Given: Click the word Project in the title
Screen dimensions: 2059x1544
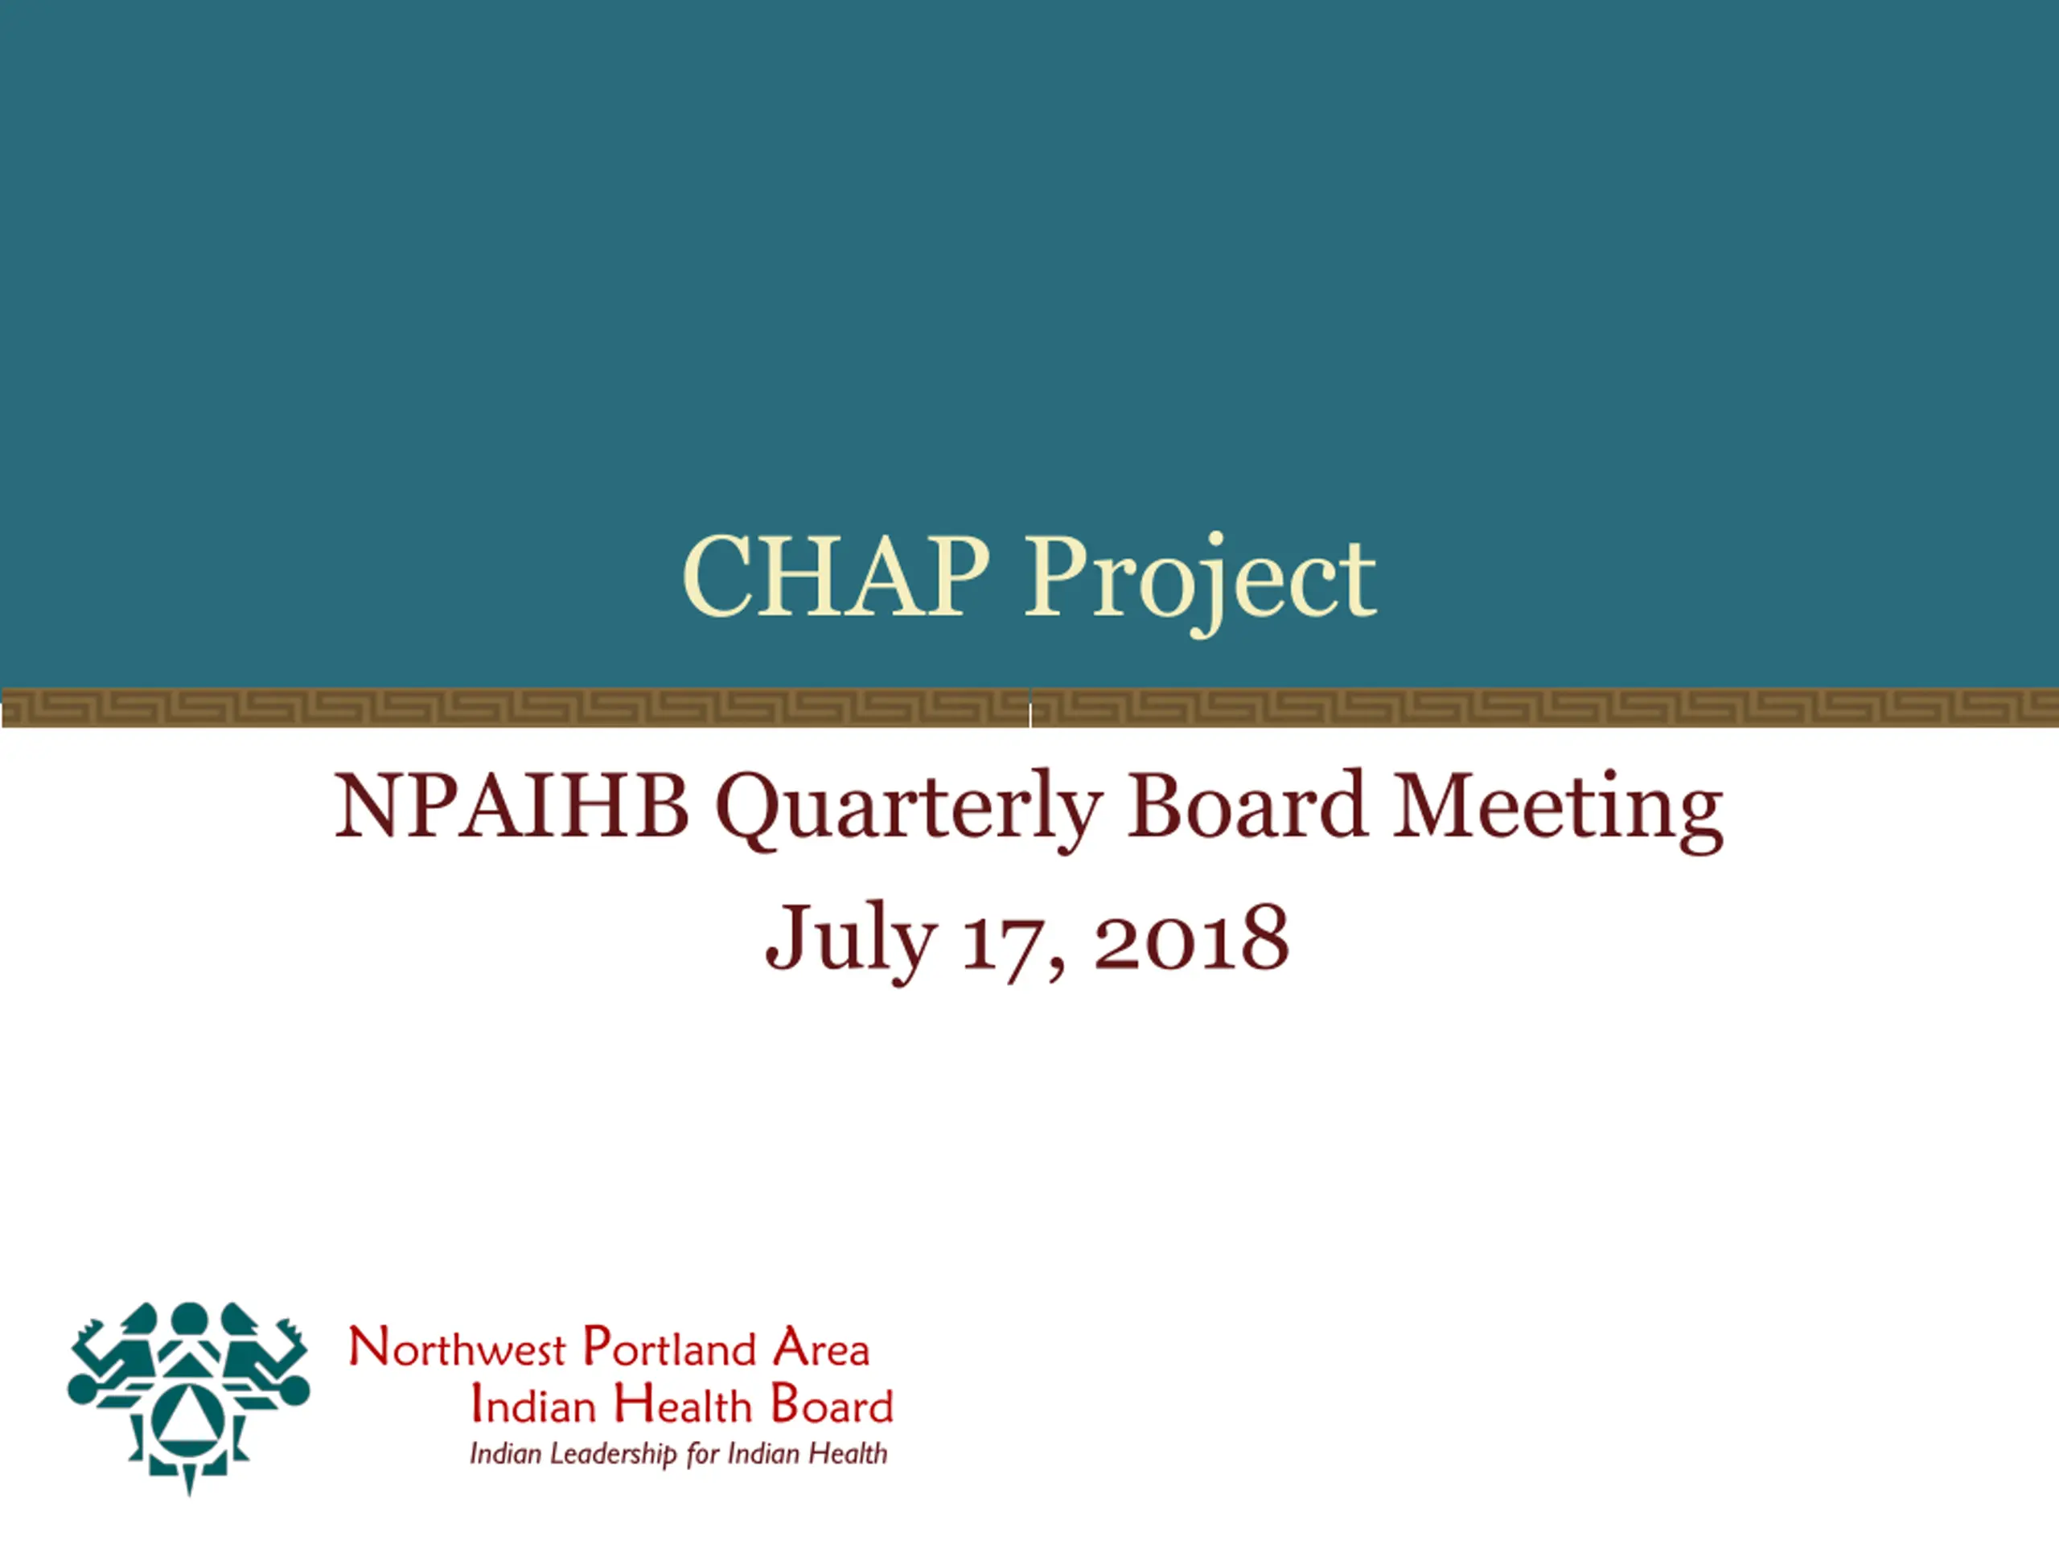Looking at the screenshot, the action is pos(1201,582).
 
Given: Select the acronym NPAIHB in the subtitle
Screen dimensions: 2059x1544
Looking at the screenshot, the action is pos(511,806).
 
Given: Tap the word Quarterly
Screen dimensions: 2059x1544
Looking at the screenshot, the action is pos(910,811).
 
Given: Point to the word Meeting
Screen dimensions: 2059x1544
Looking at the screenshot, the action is pos(1557,811).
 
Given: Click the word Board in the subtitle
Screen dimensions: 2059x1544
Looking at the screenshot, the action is pos(1247,805).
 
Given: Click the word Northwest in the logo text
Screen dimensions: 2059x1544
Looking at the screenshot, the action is pos(457,1348).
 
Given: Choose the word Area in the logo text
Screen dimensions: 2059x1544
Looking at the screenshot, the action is pos(822,1348).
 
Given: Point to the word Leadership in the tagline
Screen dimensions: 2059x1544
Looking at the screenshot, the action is pos(614,1455).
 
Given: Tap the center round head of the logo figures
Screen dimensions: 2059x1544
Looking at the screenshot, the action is pos(189,1319).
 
